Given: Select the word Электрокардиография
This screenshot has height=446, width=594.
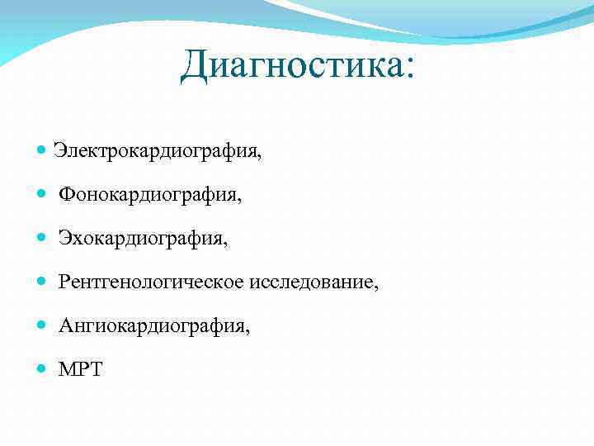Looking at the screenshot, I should coord(155,151).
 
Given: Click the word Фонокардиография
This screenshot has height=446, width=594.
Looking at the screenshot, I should coord(148,195).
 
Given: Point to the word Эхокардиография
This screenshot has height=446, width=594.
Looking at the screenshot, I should coord(141,239).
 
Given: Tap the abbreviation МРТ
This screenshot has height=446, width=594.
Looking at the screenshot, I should coord(80,370).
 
